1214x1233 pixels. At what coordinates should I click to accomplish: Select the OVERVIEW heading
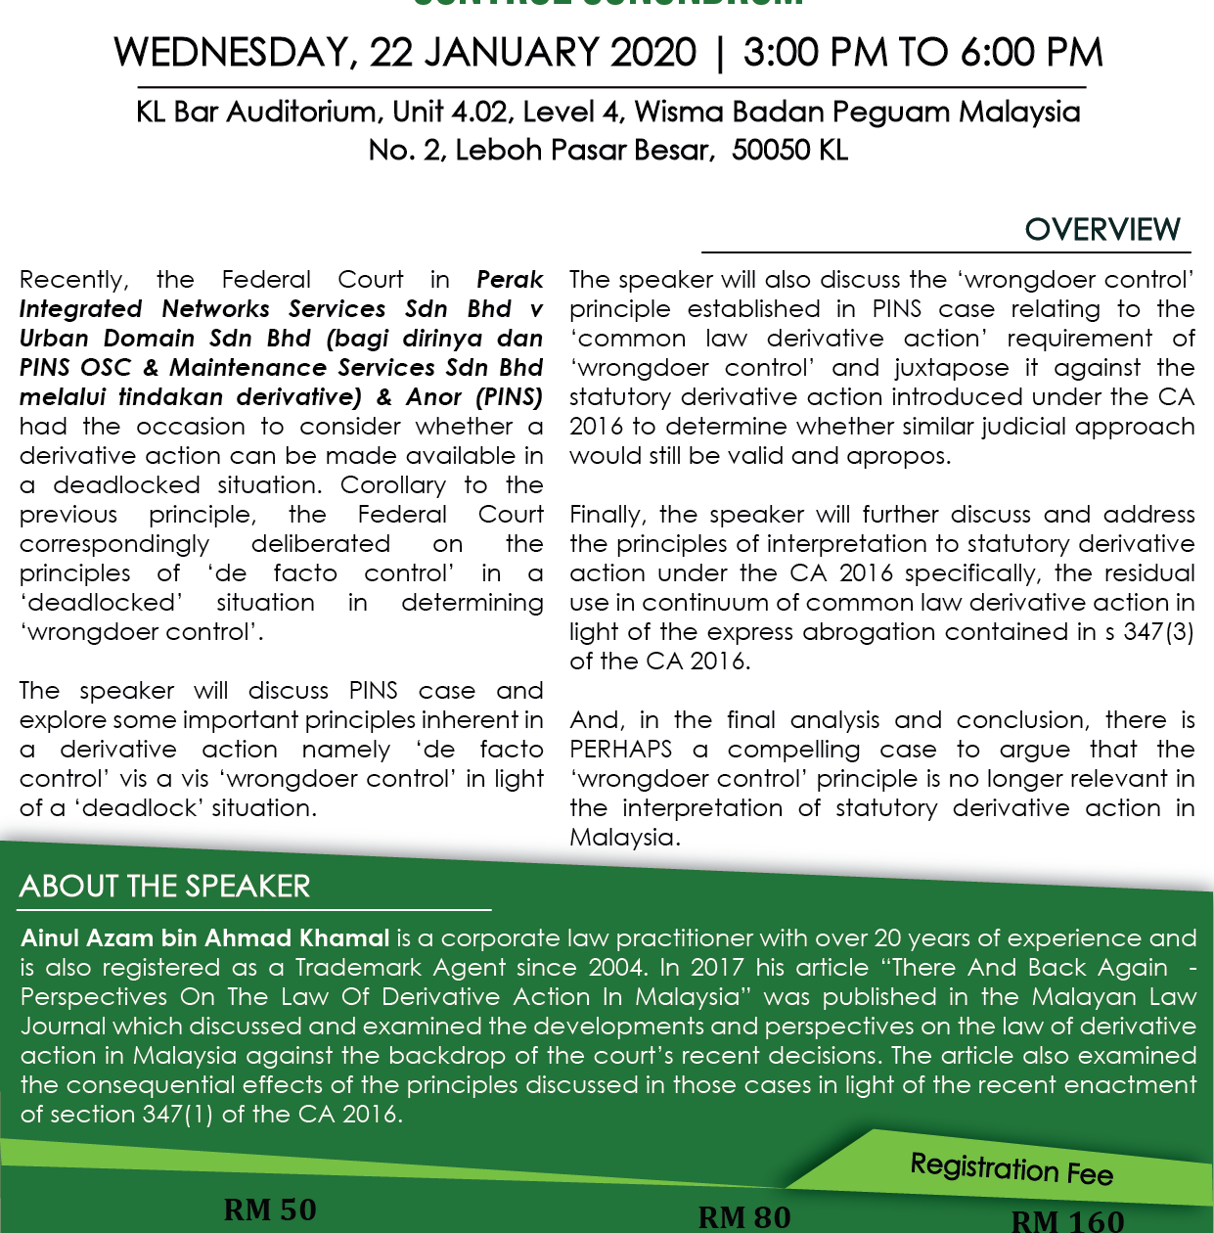[1102, 230]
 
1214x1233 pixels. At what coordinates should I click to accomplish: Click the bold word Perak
[510, 280]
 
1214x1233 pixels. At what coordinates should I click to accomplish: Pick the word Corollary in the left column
[393, 485]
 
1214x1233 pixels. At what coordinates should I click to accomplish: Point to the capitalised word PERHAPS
[620, 750]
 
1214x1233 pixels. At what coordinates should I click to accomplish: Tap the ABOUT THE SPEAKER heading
[164, 887]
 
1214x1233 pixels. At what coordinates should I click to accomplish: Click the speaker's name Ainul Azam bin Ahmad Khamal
[205, 938]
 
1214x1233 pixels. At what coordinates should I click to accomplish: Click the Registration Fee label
[1012, 1168]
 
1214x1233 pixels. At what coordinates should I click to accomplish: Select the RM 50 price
[270, 1210]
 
